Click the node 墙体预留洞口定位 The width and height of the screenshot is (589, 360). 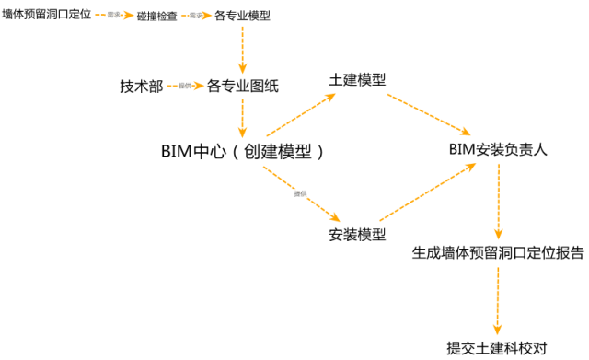tap(46, 16)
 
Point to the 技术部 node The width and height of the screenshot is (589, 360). tap(141, 86)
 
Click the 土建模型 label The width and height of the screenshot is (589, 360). tap(356, 80)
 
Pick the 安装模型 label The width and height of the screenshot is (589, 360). tap(356, 234)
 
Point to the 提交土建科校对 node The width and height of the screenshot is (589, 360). tap(497, 348)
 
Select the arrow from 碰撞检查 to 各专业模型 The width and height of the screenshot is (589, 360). tap(198, 17)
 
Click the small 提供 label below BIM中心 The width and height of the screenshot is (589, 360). tap(300, 193)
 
